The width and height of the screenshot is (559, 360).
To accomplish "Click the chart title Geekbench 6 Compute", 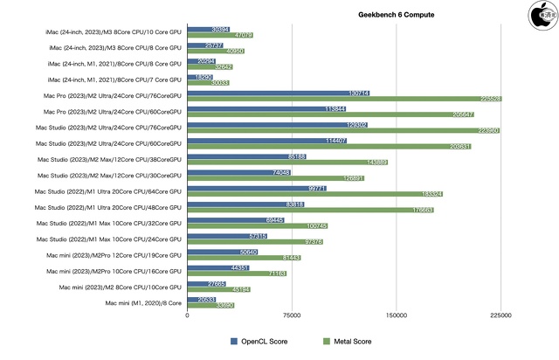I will coord(396,15).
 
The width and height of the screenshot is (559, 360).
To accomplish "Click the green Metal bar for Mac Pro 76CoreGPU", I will coord(343,99).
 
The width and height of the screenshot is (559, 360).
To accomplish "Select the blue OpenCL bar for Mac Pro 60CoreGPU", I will coord(266,109).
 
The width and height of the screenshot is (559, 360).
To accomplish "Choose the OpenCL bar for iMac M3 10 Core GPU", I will coord(209,29).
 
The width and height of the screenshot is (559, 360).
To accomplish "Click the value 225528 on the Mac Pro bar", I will coord(487,99).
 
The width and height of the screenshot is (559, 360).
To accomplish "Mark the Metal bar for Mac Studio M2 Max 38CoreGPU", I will coord(287,163).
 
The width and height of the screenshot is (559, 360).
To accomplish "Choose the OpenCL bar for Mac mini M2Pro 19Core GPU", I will coord(223,252).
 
